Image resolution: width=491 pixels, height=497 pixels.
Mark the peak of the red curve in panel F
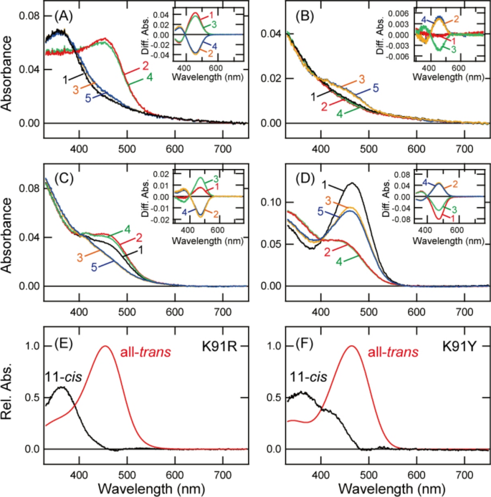(x=351, y=347)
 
